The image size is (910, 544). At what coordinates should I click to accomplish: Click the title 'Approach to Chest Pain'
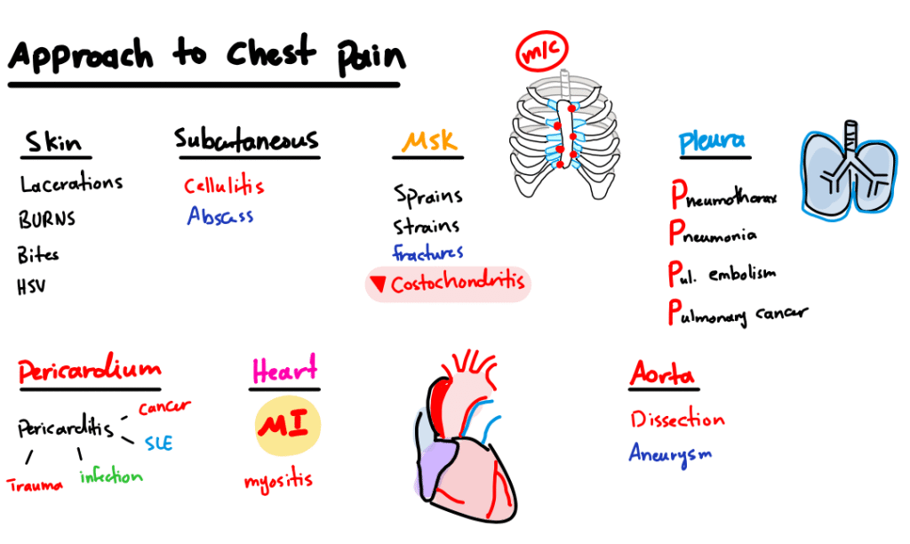tap(206, 56)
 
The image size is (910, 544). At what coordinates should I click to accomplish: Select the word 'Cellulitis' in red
tap(224, 187)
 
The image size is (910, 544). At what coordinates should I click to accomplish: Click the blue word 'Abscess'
tap(220, 216)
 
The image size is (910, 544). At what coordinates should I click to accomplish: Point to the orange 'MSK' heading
tap(429, 142)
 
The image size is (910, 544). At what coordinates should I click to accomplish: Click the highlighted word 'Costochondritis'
tap(458, 284)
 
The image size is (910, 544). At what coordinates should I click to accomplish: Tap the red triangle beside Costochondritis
tap(378, 284)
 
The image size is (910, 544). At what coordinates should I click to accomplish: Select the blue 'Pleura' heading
tap(712, 141)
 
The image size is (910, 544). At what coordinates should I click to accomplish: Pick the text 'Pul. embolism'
tap(722, 273)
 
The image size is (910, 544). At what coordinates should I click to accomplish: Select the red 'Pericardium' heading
tap(89, 371)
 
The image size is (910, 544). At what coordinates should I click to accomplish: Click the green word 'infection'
tap(110, 477)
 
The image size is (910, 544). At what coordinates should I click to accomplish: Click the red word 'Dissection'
tap(677, 420)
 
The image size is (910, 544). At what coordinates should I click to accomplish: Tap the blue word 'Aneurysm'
tap(671, 452)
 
